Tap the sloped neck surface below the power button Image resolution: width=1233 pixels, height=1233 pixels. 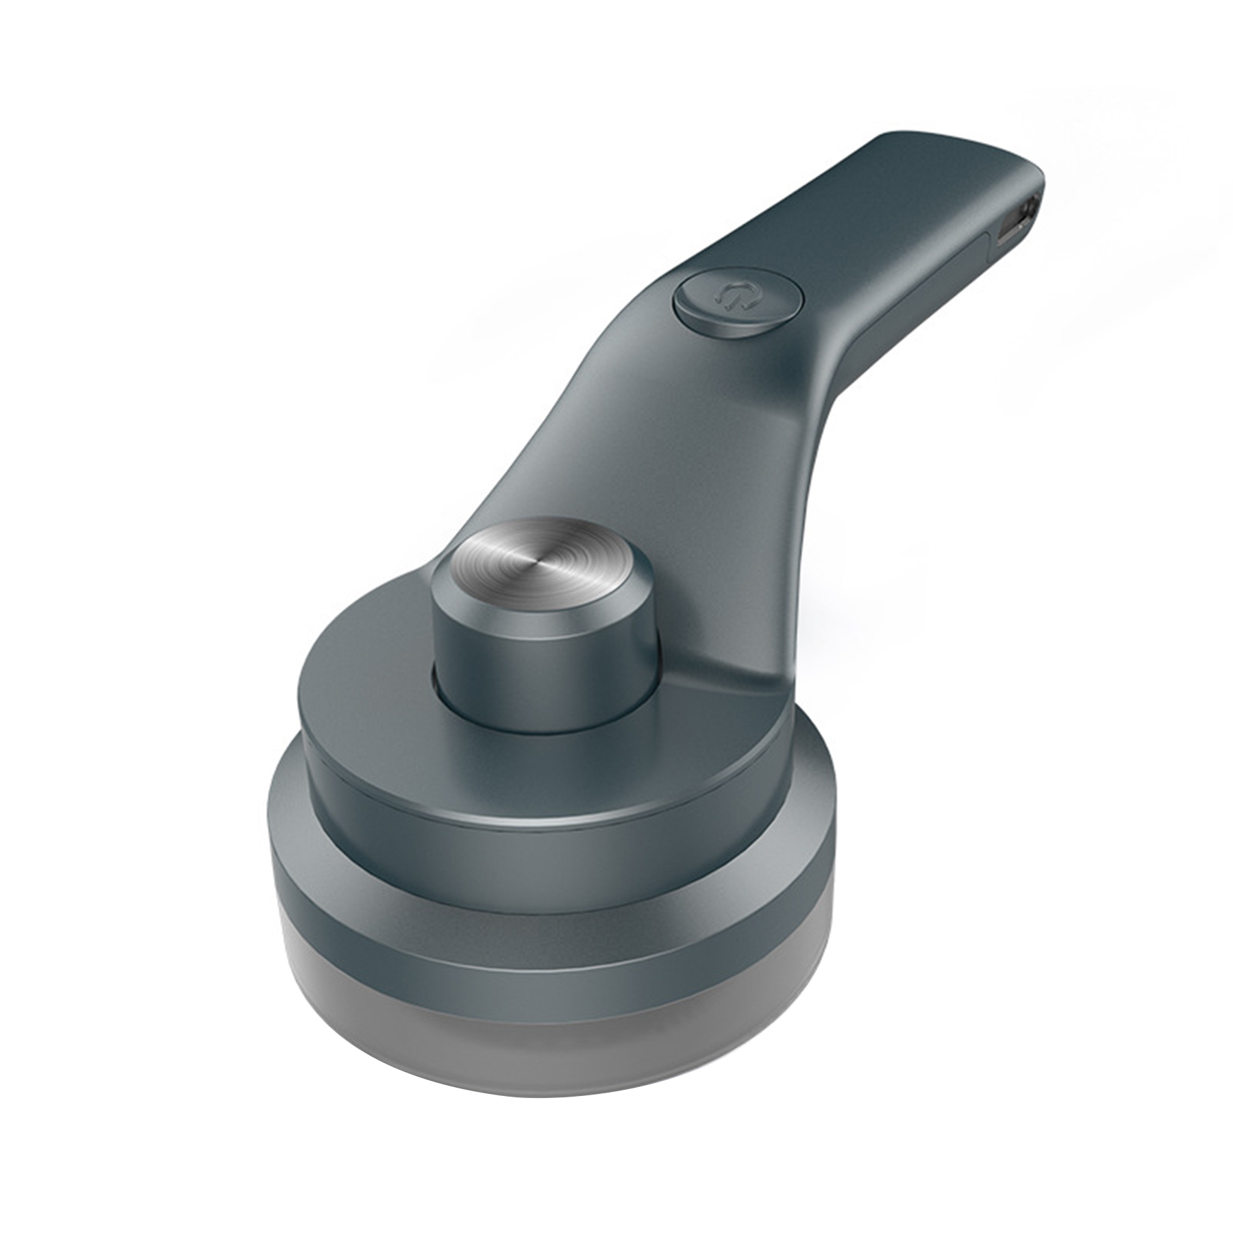point(658,425)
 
